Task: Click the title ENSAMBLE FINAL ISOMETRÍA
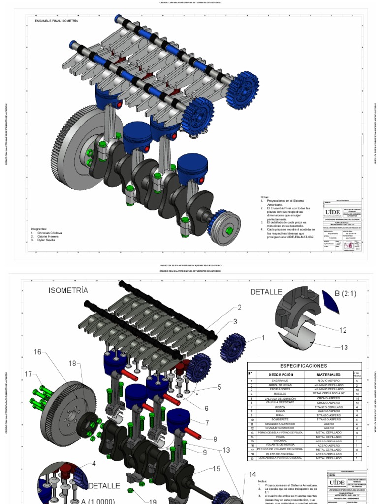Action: (56, 22)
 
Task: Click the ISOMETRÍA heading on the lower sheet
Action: (68, 290)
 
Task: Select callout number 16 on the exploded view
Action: (38, 352)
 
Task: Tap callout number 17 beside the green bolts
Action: (29, 374)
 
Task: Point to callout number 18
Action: (73, 364)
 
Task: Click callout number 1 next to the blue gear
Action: (263, 338)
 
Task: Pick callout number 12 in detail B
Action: (343, 330)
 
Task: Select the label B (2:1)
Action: (348, 294)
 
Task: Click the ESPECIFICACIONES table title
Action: (304, 366)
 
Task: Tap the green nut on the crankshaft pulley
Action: (229, 230)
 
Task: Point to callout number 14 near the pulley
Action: (252, 474)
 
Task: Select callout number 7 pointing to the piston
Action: (207, 422)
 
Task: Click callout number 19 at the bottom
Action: (153, 502)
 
